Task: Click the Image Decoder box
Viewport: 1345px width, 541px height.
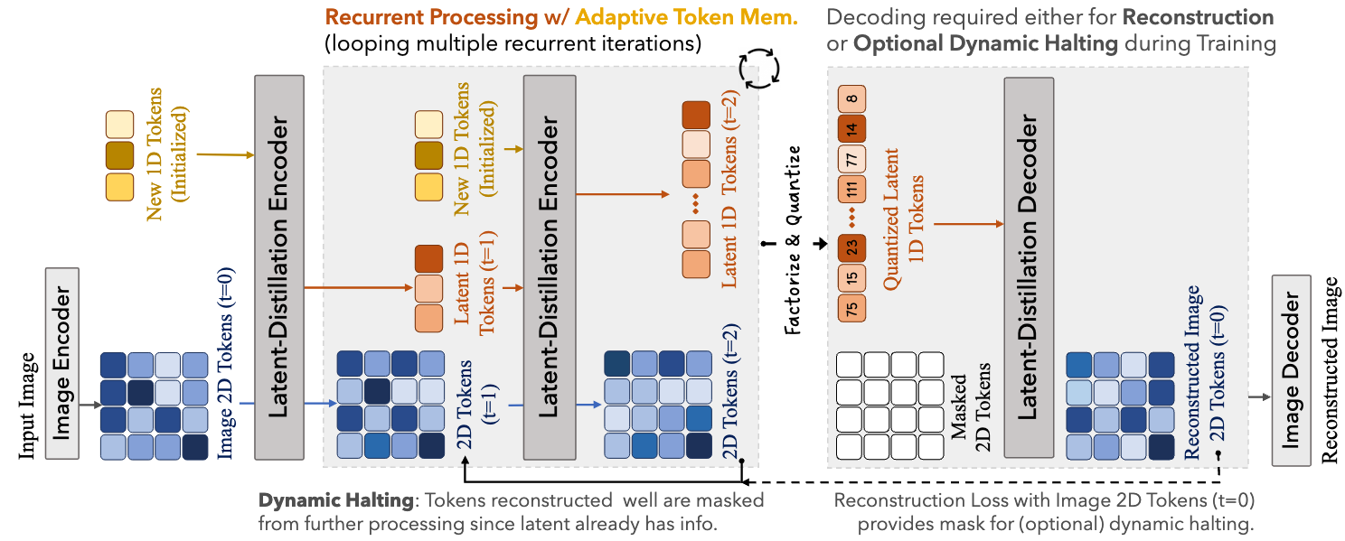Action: tap(1296, 369)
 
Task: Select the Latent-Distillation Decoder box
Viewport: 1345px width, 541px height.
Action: tap(1029, 267)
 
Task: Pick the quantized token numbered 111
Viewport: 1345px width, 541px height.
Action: tap(852, 190)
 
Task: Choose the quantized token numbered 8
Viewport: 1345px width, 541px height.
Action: tap(852, 98)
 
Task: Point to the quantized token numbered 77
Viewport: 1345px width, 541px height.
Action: tap(852, 159)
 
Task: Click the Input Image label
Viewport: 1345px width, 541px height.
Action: tap(27, 406)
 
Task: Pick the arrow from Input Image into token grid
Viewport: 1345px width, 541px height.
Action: tap(88, 406)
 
